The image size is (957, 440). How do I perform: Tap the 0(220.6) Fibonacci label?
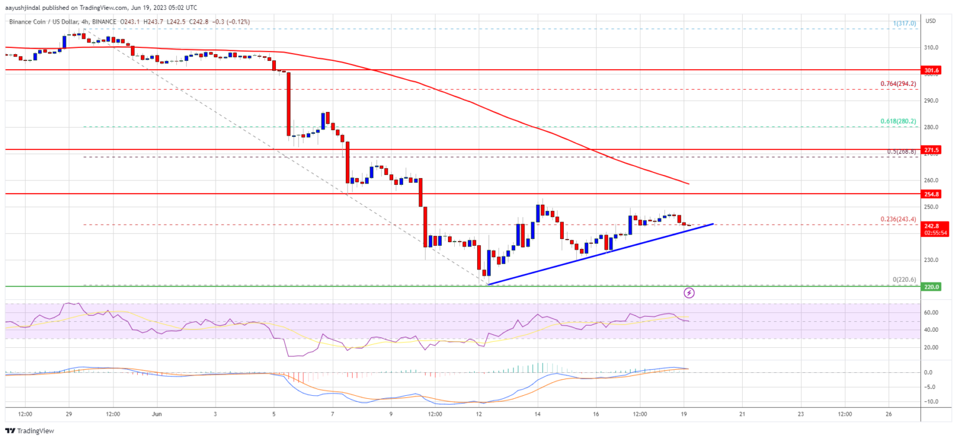(904, 280)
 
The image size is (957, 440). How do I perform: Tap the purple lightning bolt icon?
(689, 292)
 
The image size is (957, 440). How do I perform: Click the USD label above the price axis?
(931, 21)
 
